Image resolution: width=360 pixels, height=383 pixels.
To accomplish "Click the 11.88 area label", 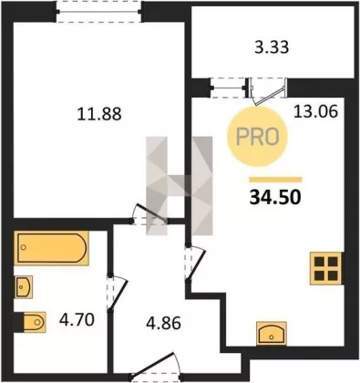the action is click(x=99, y=114).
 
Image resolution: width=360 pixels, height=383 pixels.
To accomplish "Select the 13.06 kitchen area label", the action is click(x=315, y=112).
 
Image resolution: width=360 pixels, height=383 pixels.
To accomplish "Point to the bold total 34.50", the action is click(x=275, y=198).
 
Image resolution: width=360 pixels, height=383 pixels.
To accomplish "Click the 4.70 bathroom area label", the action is click(x=77, y=320).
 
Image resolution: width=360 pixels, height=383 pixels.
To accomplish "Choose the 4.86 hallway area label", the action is click(x=163, y=323).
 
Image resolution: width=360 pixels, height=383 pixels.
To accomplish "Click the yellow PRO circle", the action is click(x=257, y=137).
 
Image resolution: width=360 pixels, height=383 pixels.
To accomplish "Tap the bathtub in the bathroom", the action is click(x=51, y=248).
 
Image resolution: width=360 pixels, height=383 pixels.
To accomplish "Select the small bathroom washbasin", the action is click(x=23, y=286).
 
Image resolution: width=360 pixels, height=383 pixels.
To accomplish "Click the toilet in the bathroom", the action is click(x=32, y=322).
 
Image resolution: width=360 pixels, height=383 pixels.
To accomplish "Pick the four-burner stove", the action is click(x=326, y=268).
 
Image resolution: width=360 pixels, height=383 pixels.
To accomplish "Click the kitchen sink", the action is click(x=272, y=333).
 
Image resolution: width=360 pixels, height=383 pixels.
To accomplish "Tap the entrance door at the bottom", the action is click(x=157, y=367).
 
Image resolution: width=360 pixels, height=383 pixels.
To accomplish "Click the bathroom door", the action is click(x=118, y=293).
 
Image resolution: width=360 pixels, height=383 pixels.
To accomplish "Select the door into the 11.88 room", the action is click(x=149, y=214).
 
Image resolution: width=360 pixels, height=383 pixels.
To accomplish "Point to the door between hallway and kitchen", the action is click(x=194, y=263).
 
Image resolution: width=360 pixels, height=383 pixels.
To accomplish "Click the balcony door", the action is click(x=267, y=91).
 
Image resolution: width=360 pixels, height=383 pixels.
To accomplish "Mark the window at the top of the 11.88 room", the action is click(x=99, y=12).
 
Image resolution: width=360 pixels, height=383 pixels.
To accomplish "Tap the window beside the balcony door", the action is click(x=228, y=88).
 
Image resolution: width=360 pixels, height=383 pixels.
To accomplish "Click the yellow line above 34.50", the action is click(x=275, y=180).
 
